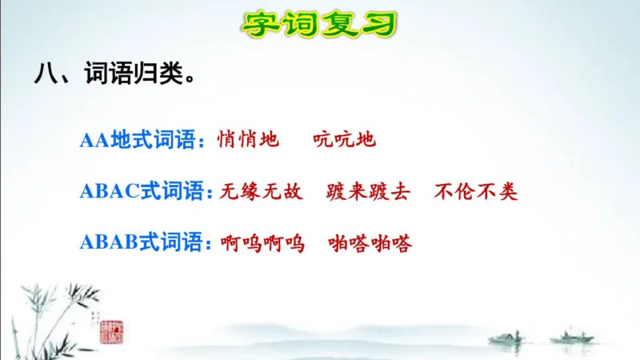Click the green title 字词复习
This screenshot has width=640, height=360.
pos(319,23)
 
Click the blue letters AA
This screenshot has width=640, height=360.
pos(94,141)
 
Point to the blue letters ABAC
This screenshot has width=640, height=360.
pos(110,192)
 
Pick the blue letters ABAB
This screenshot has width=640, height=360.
pos(110,243)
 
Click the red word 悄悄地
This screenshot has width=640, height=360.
pos(248,141)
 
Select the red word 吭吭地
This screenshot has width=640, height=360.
pos(344,141)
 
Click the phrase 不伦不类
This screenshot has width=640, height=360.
pos(476,192)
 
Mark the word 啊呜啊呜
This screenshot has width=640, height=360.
pos(262,243)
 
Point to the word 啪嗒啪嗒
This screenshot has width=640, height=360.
pos(370,243)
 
